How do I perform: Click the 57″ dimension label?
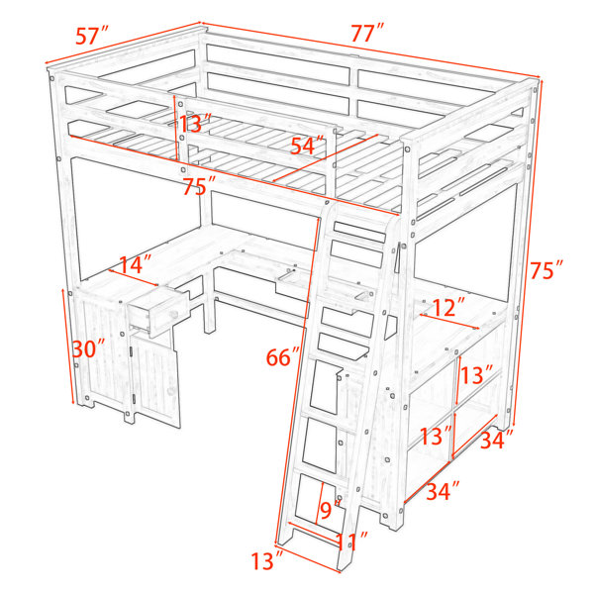[x=92, y=36]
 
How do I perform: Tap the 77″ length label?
[x=367, y=33]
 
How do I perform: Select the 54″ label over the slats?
[x=308, y=146]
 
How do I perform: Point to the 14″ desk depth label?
[x=136, y=264]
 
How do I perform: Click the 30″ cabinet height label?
[x=89, y=348]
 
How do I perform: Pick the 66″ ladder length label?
[x=283, y=356]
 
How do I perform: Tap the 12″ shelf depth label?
[x=448, y=307]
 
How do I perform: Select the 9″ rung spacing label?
[x=329, y=510]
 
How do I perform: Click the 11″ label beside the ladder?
[x=352, y=541]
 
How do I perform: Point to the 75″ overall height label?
[x=546, y=269]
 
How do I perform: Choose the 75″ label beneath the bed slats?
[x=199, y=186]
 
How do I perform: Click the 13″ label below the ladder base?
[x=267, y=561]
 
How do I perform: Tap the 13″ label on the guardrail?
[x=194, y=123]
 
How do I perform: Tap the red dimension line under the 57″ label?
[x=123, y=44]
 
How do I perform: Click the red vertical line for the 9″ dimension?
[x=319, y=503]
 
